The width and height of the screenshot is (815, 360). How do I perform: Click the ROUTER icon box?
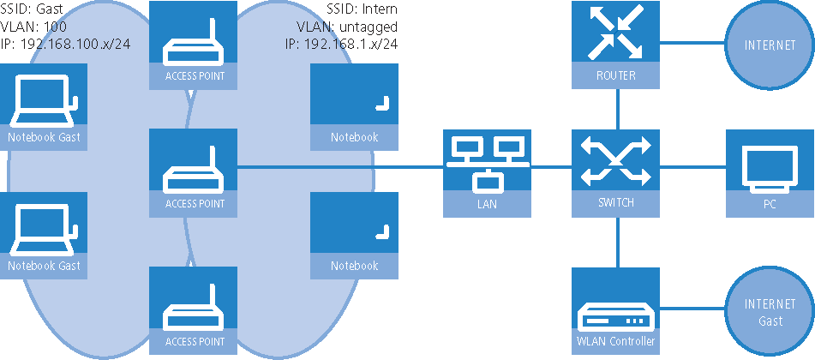[617, 45]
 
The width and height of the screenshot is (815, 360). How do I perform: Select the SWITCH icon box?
[617, 172]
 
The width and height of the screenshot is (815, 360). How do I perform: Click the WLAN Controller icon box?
[617, 309]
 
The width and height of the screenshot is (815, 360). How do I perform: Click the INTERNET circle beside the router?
[769, 45]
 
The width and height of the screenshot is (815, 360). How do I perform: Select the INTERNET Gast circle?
[769, 312]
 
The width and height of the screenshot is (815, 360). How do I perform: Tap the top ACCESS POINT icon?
[193, 45]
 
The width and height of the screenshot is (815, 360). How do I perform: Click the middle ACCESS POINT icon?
[193, 172]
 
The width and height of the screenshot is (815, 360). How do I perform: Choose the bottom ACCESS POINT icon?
[193, 309]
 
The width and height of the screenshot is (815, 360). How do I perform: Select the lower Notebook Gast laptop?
[44, 235]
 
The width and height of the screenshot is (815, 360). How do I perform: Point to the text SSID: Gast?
[30, 9]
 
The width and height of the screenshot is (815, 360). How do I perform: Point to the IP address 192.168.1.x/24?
[341, 42]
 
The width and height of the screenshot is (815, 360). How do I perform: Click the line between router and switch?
[617, 110]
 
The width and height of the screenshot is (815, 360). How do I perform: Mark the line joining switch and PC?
[692, 167]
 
